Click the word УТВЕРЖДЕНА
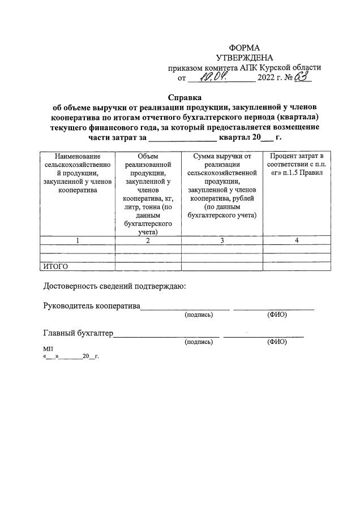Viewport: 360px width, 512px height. click(x=244, y=58)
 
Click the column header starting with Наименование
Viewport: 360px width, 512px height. click(x=78, y=173)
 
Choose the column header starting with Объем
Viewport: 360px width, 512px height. click(x=148, y=193)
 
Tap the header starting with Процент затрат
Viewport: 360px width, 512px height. click(x=297, y=164)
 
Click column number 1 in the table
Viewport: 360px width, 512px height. click(x=78, y=240)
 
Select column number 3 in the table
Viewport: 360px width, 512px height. click(x=221, y=240)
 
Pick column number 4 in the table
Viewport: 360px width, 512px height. click(x=297, y=240)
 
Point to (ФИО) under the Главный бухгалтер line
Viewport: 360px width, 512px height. click(x=277, y=342)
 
